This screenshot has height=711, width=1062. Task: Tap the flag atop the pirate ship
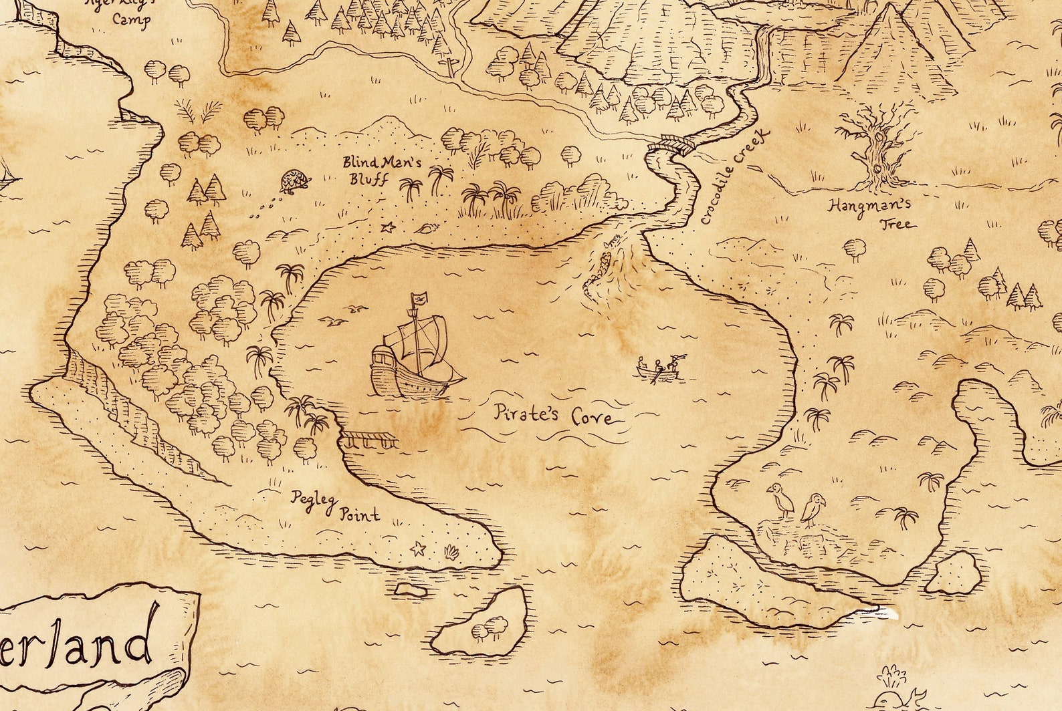(419, 299)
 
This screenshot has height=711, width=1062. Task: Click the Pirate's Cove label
(553, 415)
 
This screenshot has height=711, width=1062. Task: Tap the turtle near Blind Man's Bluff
(295, 181)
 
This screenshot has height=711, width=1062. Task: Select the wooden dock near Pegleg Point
(370, 439)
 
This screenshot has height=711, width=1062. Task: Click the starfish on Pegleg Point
(418, 549)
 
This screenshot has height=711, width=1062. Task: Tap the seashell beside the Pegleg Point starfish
(450, 552)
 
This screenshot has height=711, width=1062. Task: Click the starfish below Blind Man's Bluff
(387, 228)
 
